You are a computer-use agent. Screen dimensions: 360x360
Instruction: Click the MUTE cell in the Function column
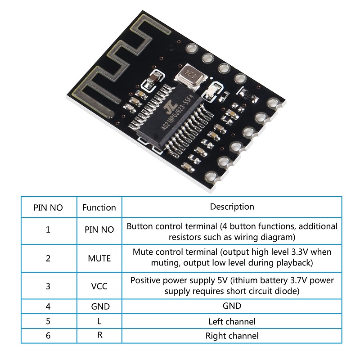click(x=99, y=258)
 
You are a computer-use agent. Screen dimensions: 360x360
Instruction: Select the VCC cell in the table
click(x=99, y=286)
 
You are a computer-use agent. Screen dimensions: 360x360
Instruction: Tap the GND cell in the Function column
click(x=100, y=306)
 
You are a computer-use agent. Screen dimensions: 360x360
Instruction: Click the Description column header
click(x=232, y=207)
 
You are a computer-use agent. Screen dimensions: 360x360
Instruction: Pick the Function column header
click(x=99, y=207)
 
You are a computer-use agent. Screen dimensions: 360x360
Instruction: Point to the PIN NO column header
click(x=48, y=207)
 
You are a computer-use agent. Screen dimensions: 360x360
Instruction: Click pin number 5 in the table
click(x=48, y=321)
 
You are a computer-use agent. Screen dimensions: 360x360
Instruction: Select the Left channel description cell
click(x=232, y=321)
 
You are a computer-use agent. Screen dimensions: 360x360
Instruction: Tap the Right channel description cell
click(x=232, y=336)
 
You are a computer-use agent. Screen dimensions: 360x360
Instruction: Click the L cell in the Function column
click(x=99, y=321)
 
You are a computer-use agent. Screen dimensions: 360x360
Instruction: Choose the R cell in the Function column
click(x=99, y=335)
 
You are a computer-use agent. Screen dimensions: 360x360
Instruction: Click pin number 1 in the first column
click(x=48, y=229)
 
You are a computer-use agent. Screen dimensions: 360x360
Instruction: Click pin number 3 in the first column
click(x=48, y=286)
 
